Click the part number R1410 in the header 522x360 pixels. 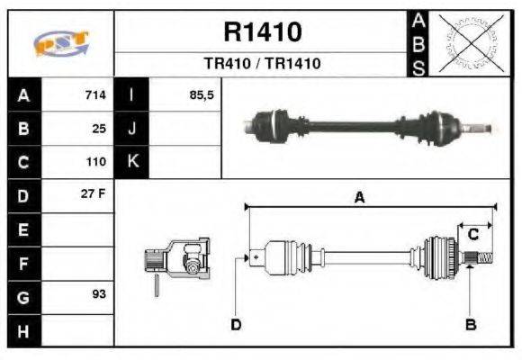click(x=262, y=32)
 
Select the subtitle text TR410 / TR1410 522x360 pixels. click(x=262, y=64)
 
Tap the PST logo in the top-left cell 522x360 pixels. click(x=60, y=44)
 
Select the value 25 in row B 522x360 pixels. click(x=99, y=129)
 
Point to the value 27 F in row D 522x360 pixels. click(x=94, y=194)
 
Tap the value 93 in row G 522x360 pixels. click(x=99, y=294)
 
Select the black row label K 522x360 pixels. click(x=131, y=162)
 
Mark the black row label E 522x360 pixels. click(x=23, y=229)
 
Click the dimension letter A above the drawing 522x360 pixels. click(x=359, y=198)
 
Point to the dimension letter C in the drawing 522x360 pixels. click(x=472, y=235)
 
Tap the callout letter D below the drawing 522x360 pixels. click(x=236, y=324)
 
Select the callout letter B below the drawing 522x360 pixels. click(x=469, y=324)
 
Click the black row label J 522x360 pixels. click(x=131, y=129)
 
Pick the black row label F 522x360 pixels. click(x=23, y=263)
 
